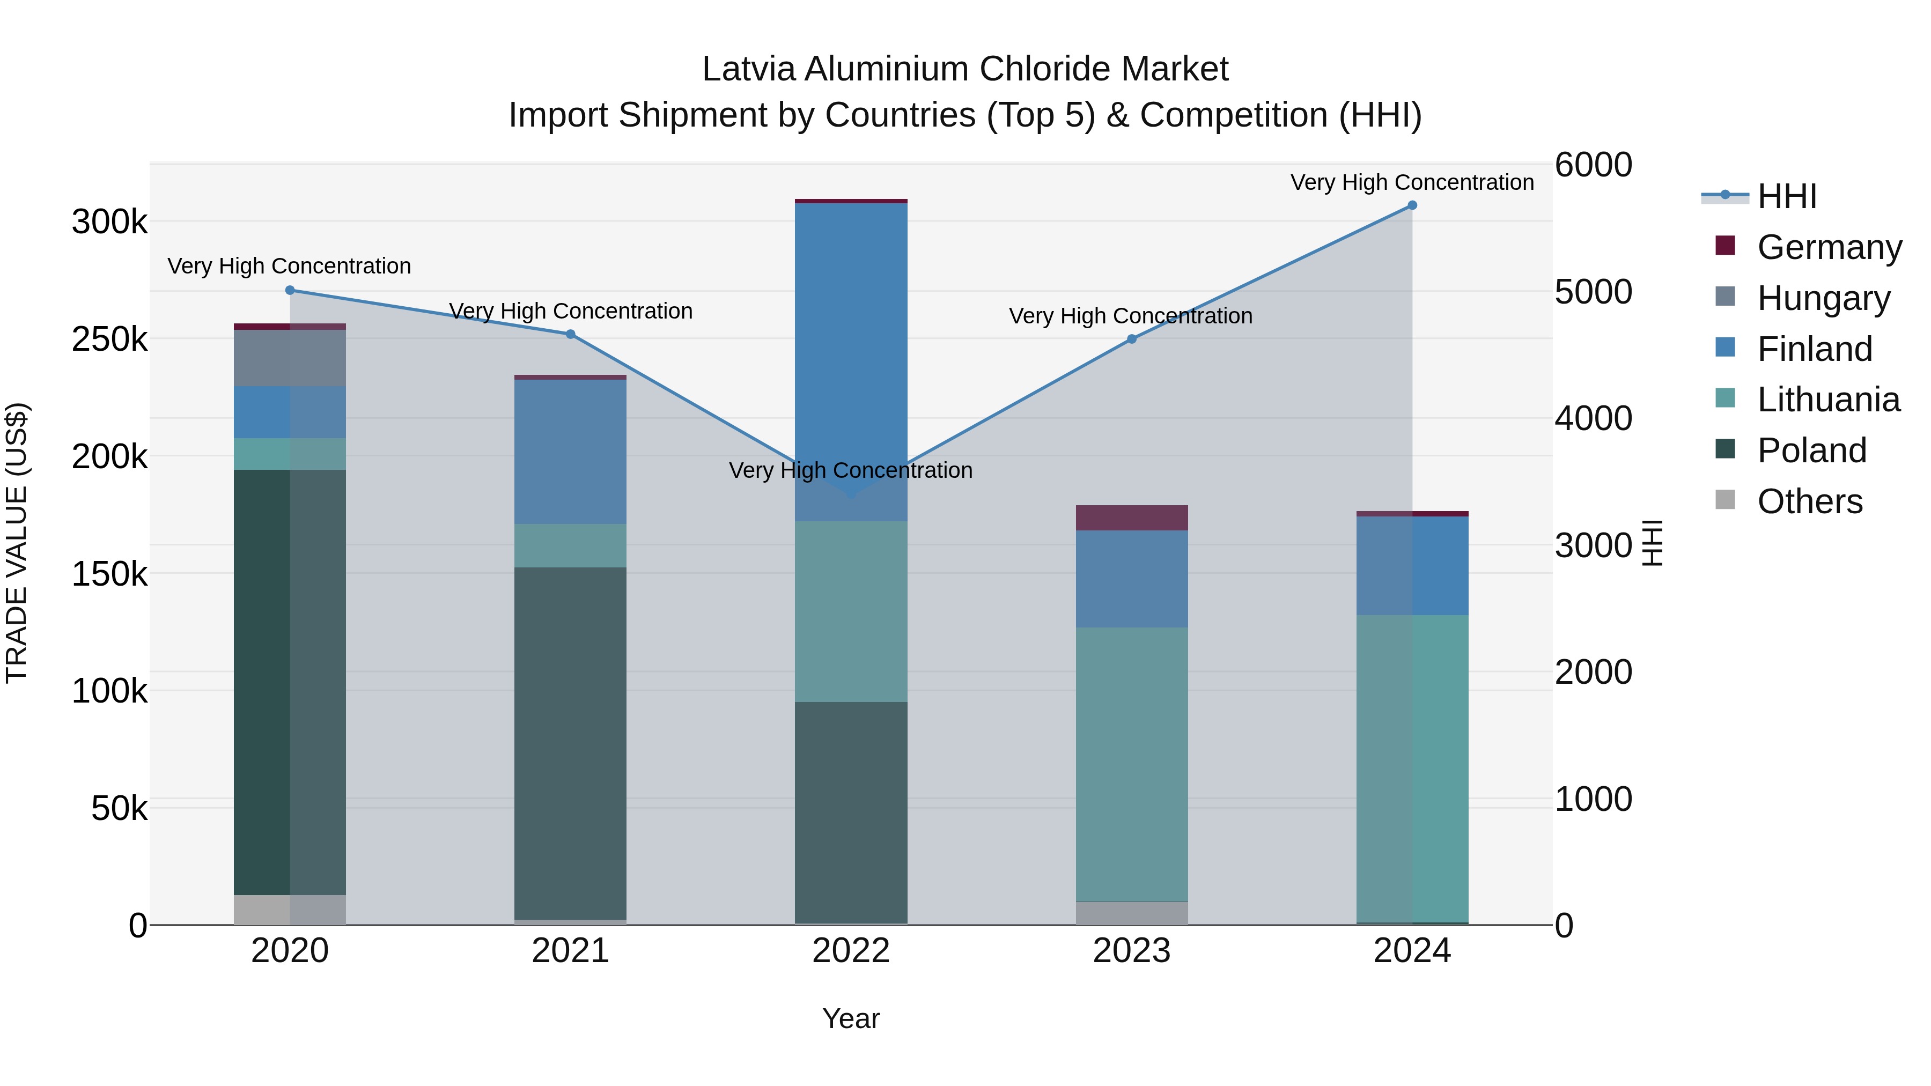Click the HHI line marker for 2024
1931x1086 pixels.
[x=1412, y=205]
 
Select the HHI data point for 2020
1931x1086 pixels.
[x=290, y=290]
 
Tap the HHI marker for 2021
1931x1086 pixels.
[x=571, y=334]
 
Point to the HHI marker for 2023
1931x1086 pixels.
[x=1132, y=339]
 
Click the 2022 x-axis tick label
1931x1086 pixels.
[x=851, y=951]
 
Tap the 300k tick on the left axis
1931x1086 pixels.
[x=109, y=222]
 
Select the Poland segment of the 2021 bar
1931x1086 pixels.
[x=571, y=742]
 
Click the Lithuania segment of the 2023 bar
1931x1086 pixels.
[x=1132, y=764]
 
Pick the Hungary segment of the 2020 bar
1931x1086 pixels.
[x=290, y=358]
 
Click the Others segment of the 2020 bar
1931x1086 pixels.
[x=290, y=910]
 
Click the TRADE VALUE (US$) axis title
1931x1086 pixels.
[x=17, y=543]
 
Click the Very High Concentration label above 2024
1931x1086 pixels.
[x=1412, y=182]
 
